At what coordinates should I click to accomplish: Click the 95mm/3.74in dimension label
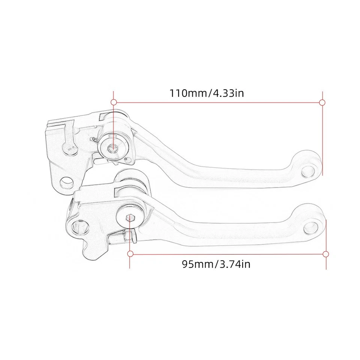click(216, 264)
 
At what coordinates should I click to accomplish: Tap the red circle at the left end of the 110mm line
click(113, 102)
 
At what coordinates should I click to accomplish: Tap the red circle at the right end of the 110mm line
click(322, 102)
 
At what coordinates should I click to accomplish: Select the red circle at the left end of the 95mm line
click(130, 254)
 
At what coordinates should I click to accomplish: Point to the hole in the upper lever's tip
click(308, 169)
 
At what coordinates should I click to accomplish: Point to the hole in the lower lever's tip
click(313, 226)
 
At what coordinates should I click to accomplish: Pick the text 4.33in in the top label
click(228, 93)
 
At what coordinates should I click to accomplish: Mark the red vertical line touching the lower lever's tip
click(326, 240)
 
